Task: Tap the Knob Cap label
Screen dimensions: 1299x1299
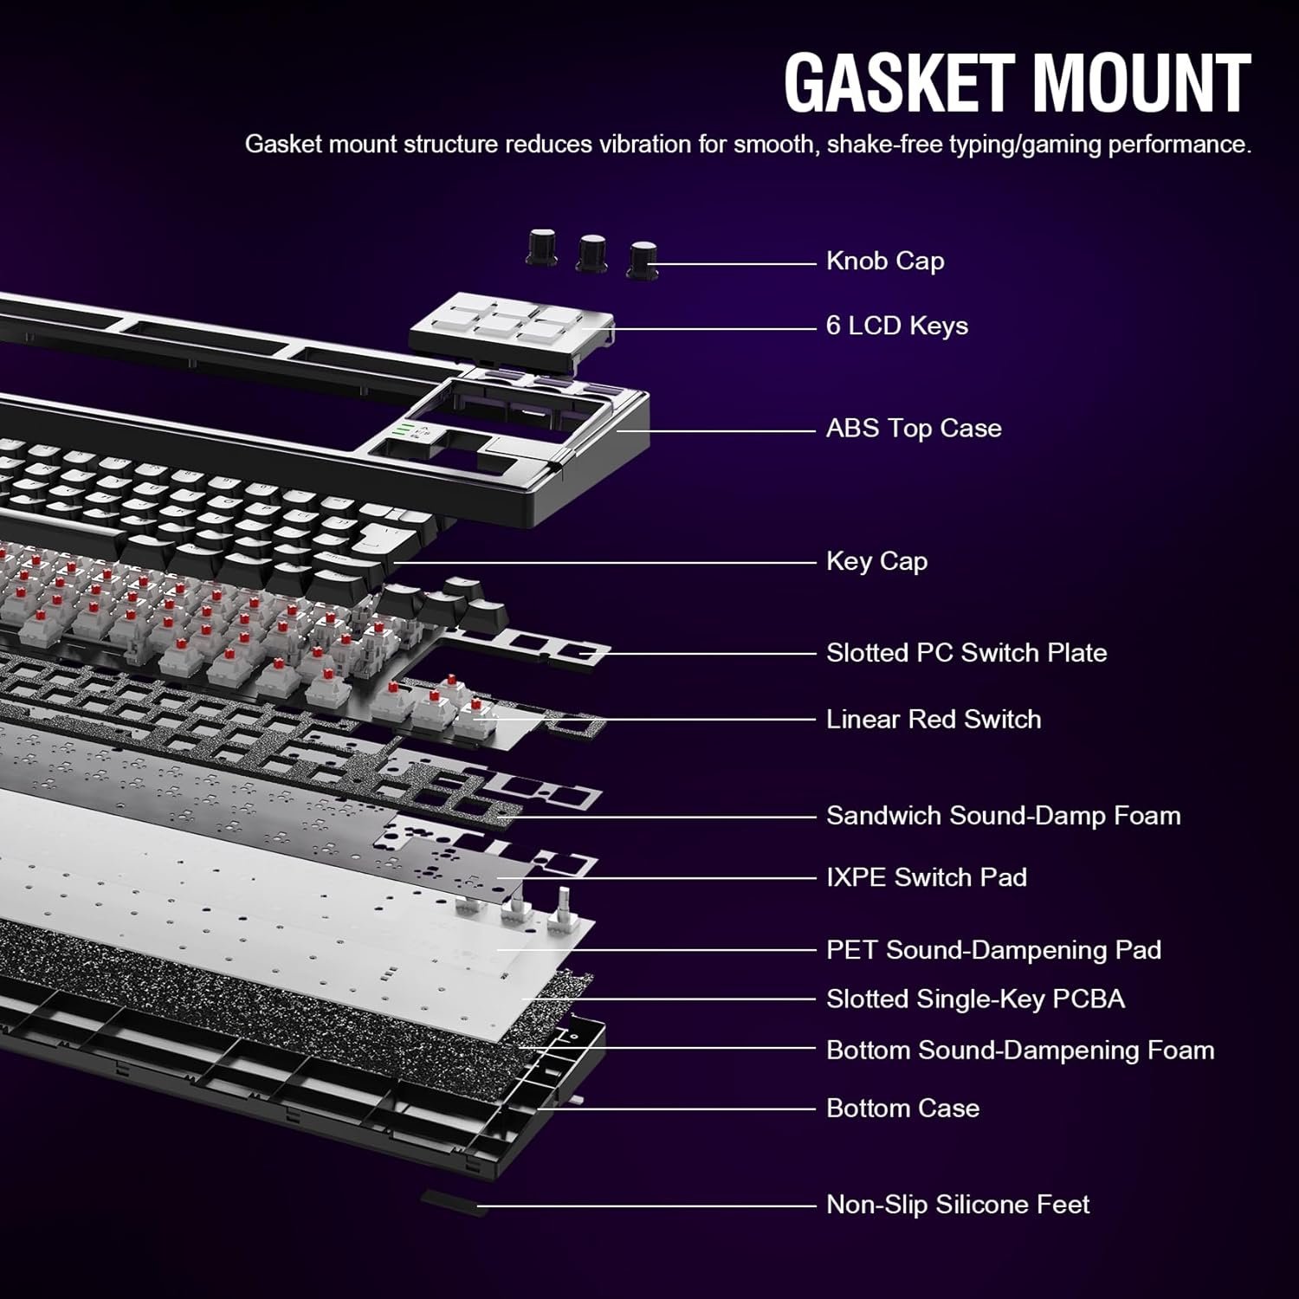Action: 885,261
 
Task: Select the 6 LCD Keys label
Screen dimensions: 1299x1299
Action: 897,326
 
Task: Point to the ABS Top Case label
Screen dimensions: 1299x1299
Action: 914,428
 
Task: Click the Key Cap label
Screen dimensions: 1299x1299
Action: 876,561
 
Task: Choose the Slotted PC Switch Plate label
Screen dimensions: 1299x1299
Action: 966,652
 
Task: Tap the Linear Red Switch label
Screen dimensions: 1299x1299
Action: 934,719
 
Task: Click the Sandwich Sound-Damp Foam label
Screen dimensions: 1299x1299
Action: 1003,815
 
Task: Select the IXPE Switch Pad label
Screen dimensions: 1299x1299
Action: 927,877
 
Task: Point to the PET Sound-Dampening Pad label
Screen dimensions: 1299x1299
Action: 993,950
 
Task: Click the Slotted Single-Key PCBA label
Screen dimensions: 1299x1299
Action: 975,998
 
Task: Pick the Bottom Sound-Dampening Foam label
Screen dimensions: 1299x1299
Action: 1020,1050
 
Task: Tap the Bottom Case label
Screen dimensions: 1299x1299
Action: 902,1108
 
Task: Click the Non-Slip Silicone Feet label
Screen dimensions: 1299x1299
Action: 958,1204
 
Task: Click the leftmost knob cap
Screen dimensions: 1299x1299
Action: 542,247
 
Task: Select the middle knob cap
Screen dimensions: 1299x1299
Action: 592,252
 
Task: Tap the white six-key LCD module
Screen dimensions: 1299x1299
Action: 511,326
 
